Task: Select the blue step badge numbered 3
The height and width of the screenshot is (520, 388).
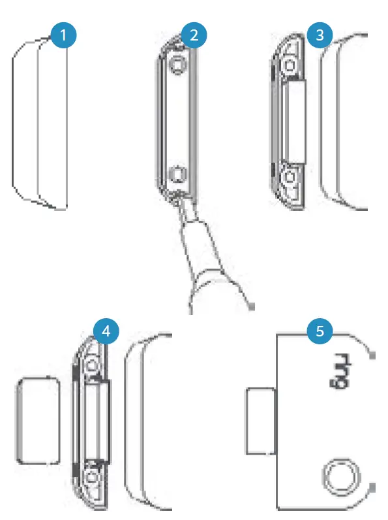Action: tap(319, 35)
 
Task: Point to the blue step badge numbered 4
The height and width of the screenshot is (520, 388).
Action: tap(106, 331)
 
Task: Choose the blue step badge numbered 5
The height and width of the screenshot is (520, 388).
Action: tap(319, 331)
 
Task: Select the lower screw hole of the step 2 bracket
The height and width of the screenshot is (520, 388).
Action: tap(176, 174)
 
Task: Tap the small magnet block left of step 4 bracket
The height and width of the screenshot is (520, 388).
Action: tap(38, 420)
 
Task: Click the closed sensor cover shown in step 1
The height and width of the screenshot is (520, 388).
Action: tap(39, 121)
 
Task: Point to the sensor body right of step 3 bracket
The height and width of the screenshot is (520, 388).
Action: tap(346, 121)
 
